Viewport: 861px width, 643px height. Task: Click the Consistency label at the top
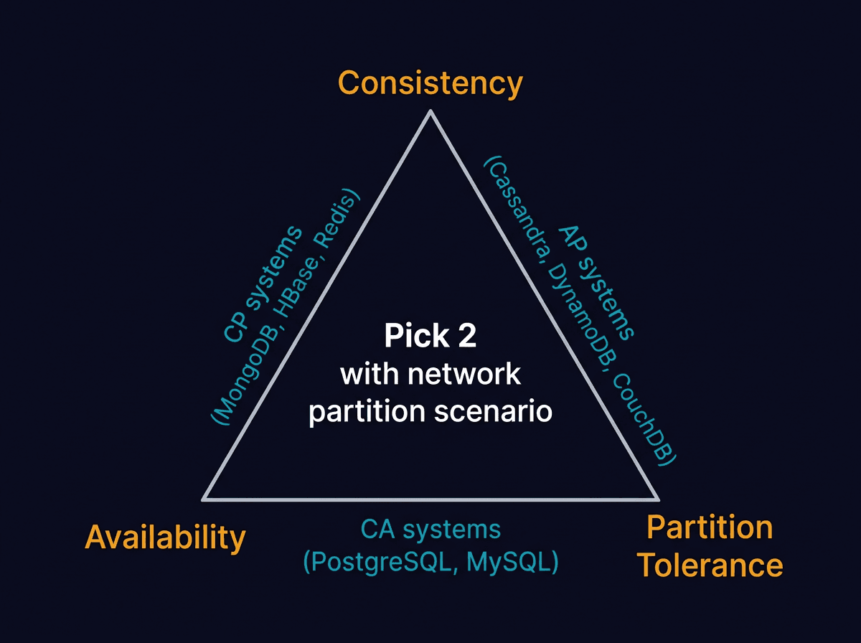click(430, 83)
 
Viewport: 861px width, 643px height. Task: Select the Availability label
click(165, 537)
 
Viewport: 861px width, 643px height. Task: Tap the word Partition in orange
click(710, 527)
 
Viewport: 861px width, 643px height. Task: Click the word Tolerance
click(710, 565)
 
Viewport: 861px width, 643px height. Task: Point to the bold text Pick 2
click(430, 336)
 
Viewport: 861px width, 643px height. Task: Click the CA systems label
click(430, 530)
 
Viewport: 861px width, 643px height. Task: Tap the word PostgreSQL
click(380, 562)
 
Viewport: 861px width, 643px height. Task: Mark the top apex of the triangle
click(430, 111)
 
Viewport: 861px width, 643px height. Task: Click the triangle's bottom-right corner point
click(657, 498)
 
